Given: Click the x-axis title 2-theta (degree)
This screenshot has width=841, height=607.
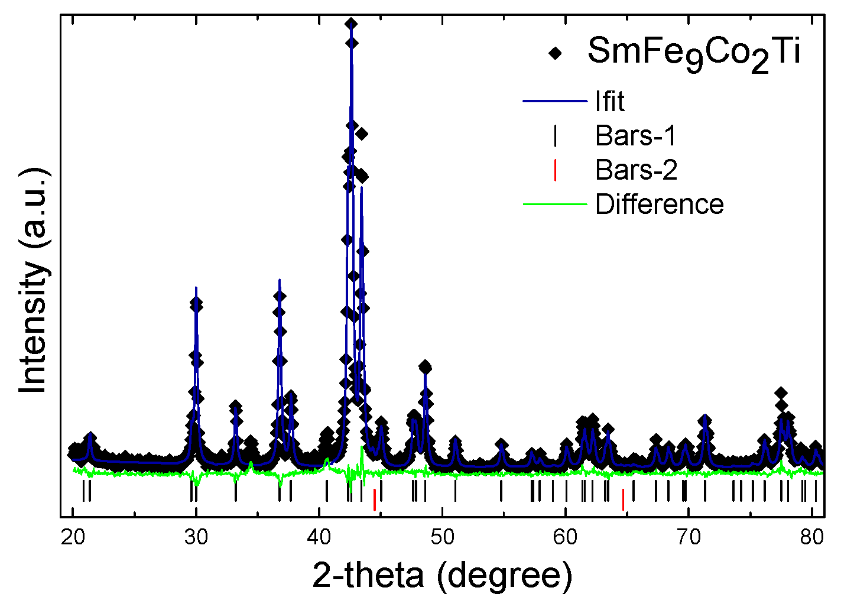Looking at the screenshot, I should coord(442,575).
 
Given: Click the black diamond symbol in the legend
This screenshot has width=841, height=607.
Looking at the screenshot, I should coord(555,53).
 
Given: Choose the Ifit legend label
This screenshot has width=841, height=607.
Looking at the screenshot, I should coord(609,102).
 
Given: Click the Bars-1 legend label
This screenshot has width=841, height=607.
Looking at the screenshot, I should coord(635,136).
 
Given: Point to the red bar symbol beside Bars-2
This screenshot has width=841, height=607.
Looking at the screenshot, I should coord(555,170).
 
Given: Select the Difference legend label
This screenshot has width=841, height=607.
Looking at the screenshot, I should coord(659,205).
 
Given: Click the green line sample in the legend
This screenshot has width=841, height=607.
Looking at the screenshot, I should coord(555,205).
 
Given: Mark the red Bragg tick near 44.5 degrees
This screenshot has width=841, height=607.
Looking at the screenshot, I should coord(374,500).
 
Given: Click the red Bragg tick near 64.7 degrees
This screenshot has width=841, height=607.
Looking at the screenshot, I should coord(623,500).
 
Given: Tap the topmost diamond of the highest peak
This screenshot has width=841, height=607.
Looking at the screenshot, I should coord(351,24).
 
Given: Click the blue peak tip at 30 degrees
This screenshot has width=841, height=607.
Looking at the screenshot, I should coord(196,287).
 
